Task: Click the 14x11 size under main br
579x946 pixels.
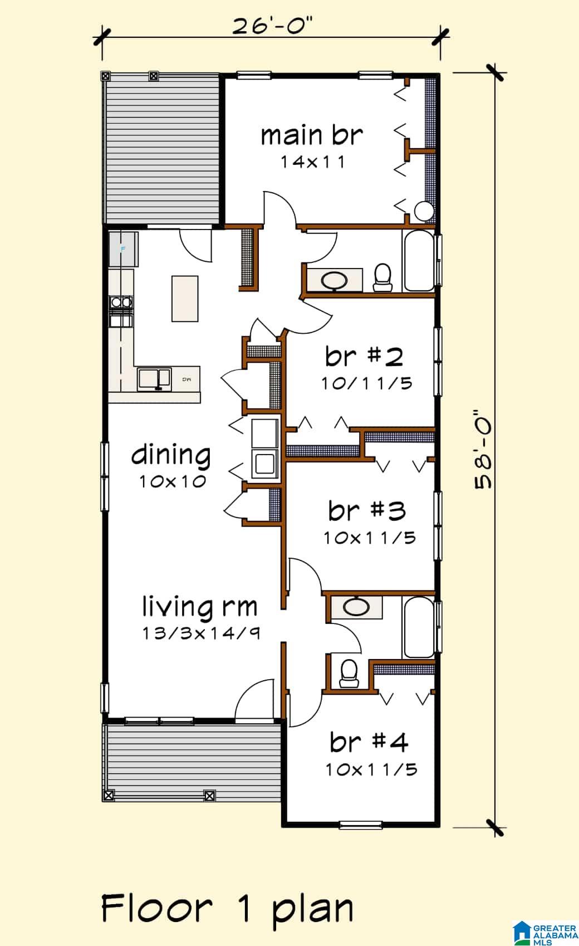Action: point(313,162)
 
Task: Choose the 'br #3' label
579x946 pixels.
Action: point(367,510)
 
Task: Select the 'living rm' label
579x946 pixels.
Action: point(199,607)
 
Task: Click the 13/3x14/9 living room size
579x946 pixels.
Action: point(201,633)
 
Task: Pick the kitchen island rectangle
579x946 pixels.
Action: point(185,299)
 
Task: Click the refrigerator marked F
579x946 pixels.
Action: point(123,248)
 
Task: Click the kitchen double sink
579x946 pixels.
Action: point(154,379)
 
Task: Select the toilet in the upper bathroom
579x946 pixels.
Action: point(383,277)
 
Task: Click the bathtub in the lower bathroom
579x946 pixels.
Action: point(418,627)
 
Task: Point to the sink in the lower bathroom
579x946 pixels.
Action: point(356,607)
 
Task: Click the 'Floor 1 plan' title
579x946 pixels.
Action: point(228,909)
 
